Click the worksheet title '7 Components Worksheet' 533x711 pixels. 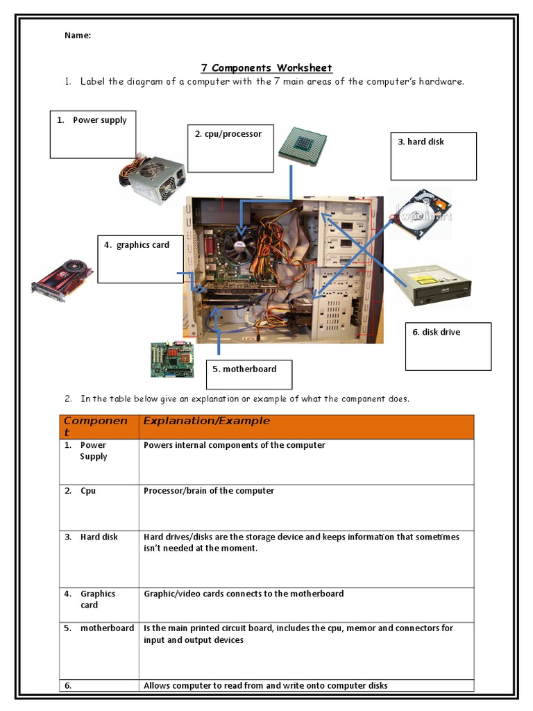[266, 67]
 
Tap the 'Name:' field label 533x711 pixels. [78, 35]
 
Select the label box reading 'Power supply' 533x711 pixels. [93, 134]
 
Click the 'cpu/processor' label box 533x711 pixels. [230, 149]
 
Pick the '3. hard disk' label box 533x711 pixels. [433, 156]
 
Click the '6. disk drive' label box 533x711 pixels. [448, 346]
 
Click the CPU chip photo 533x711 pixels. [304, 146]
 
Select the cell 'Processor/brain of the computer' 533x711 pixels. [209, 491]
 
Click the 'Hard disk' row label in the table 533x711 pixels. [99, 537]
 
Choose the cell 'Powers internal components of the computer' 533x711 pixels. [234, 445]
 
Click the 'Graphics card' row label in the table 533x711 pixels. [98, 599]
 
